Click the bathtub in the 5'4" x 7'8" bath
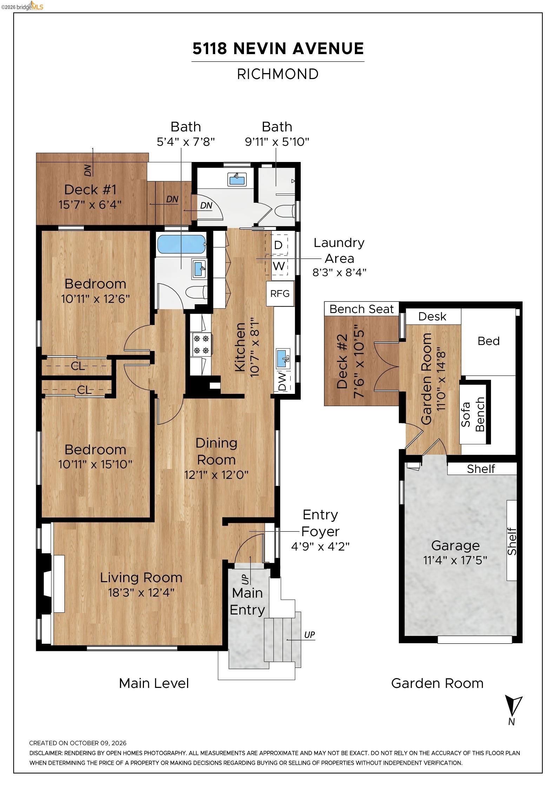(181, 244)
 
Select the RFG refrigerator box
(280, 293)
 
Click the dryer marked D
(278, 245)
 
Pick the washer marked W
(279, 266)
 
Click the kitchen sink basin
(283, 358)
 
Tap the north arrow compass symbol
(513, 707)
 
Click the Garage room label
(455, 546)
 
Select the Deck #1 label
(90, 190)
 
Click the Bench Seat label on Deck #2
(362, 309)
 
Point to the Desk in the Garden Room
(432, 317)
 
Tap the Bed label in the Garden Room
(489, 341)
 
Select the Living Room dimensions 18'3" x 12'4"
(141, 593)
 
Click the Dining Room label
(216, 451)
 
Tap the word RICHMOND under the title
(278, 74)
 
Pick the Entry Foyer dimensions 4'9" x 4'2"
(320, 547)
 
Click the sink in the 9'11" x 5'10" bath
(237, 179)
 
